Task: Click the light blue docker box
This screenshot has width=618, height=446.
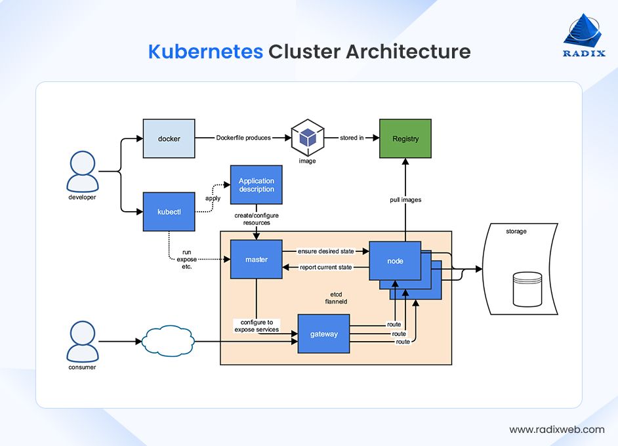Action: click(169, 138)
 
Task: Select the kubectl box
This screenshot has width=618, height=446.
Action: click(169, 212)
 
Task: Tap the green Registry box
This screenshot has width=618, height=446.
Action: click(405, 138)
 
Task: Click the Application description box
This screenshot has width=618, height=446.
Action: click(257, 185)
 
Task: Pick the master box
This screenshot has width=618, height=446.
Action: click(257, 260)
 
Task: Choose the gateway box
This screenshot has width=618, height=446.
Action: click(323, 334)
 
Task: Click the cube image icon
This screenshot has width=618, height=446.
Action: click(307, 138)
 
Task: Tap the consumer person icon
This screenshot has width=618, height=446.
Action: click(82, 340)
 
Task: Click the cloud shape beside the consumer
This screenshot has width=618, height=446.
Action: click(168, 341)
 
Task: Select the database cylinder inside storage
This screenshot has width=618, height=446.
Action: click(527, 289)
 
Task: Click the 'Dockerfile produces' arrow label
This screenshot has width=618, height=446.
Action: click(243, 138)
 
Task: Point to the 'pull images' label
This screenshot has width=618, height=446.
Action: click(406, 199)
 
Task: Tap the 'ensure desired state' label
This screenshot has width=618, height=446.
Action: click(325, 251)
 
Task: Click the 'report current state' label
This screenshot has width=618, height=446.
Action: click(325, 267)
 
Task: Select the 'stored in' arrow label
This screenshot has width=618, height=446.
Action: click(352, 138)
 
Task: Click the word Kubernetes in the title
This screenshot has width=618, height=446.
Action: click(205, 52)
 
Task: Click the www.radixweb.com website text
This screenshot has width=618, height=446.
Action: click(556, 430)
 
